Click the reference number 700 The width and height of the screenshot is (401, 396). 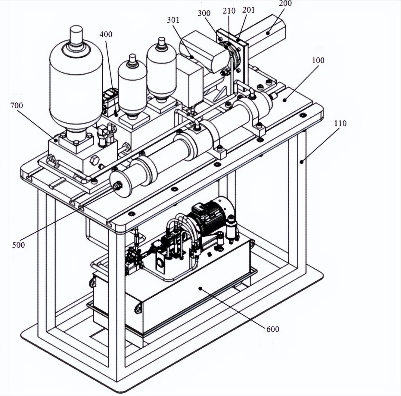pos(17,106)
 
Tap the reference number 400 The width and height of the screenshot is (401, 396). pos(106,34)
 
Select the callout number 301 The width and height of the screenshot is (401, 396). pos(173,20)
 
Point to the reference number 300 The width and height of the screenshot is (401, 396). pos(204,13)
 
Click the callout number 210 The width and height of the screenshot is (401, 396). pos(229,11)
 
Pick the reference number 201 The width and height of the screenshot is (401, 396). pos(248,10)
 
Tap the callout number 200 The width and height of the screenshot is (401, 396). pos(285,3)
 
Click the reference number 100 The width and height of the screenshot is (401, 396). pos(318,60)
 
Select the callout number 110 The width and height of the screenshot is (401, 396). pos(340,124)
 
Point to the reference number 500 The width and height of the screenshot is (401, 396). pos(19,245)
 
